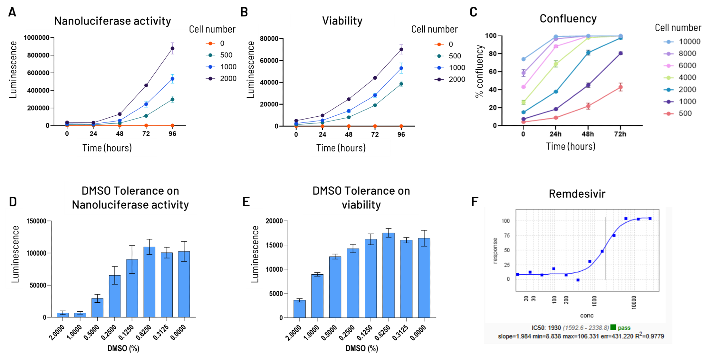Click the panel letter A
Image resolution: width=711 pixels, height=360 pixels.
[x=12, y=12]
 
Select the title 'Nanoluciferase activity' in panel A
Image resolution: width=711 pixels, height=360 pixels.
[x=112, y=21]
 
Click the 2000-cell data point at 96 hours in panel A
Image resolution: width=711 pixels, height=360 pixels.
[x=172, y=48]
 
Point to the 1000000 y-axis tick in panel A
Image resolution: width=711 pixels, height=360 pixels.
[x=37, y=38]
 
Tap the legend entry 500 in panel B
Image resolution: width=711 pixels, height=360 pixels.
[x=455, y=56]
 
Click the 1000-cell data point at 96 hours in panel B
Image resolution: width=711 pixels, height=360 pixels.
[x=401, y=68]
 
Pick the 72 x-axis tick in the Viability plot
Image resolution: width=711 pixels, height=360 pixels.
[x=375, y=134]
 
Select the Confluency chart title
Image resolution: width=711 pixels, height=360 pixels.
[x=568, y=18]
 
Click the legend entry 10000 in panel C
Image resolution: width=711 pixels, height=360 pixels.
[x=689, y=42]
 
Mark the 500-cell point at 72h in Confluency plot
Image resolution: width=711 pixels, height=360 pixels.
[x=620, y=87]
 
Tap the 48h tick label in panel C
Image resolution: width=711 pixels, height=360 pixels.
[x=588, y=134]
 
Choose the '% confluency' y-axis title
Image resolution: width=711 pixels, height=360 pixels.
[x=480, y=71]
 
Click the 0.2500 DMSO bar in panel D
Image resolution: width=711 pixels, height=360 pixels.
[x=115, y=296]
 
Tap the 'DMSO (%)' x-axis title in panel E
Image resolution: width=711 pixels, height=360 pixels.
[x=362, y=348]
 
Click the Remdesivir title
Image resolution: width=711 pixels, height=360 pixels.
[x=577, y=194]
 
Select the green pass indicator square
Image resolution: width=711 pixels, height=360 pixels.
[x=613, y=327]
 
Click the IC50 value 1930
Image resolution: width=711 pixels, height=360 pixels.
[x=554, y=328]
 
